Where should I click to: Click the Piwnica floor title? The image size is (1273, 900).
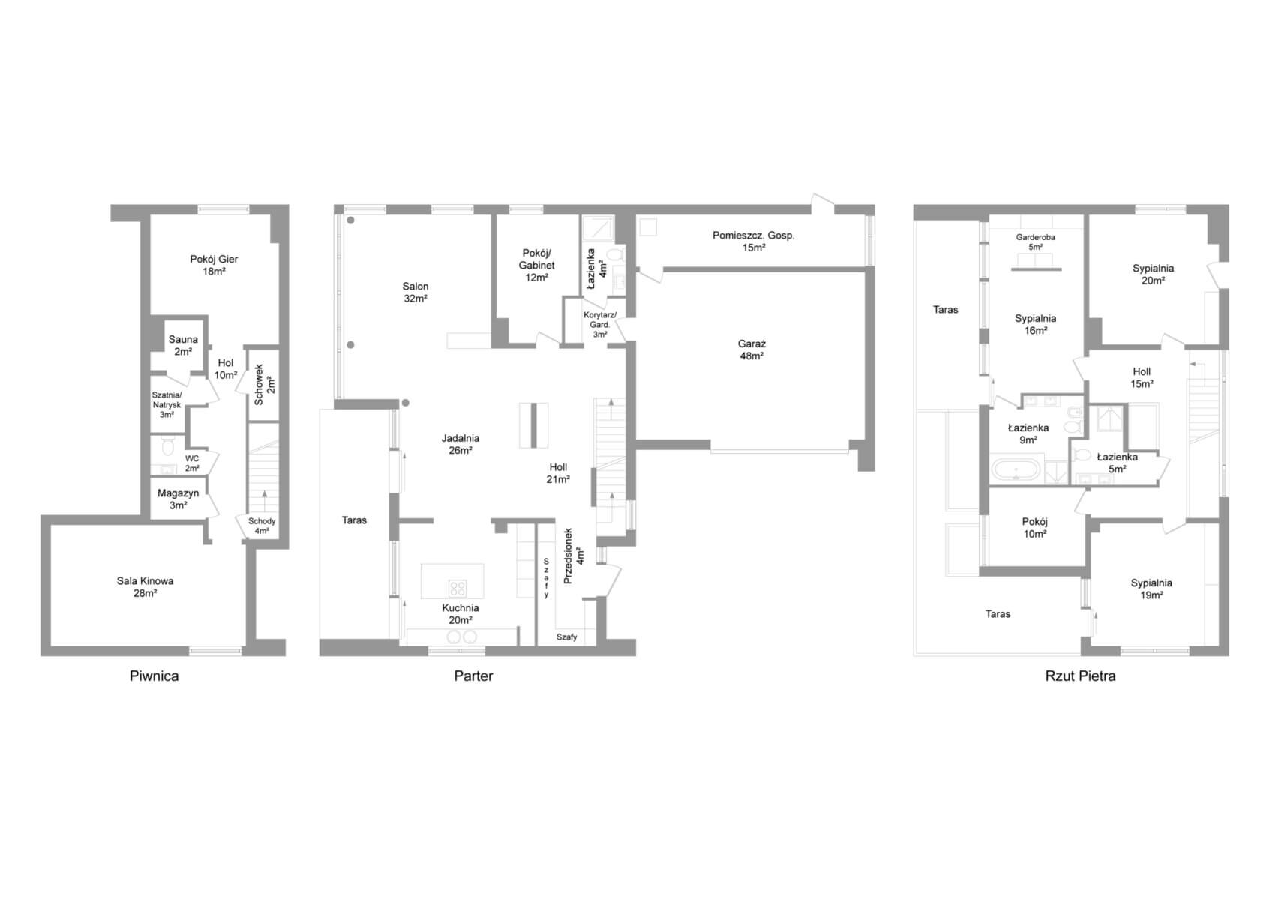[154, 676]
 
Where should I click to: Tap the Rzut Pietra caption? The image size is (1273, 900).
[1080, 676]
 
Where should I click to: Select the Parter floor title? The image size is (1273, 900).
[473, 676]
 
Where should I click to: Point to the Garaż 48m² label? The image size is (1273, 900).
[752, 350]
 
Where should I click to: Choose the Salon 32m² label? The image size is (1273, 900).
[416, 292]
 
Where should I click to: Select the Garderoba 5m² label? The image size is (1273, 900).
[1035, 242]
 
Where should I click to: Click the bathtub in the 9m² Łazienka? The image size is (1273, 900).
[1016, 470]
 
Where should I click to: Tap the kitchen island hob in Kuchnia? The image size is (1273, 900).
[458, 588]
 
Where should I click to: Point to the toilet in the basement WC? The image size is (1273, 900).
[167, 446]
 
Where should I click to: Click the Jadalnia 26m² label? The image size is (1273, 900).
[461, 444]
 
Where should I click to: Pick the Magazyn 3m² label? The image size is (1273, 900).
[178, 499]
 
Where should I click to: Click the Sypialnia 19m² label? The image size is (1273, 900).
[1151, 589]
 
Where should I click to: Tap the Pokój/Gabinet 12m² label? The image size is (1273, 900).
[536, 265]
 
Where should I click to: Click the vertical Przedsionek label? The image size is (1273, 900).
[568, 556]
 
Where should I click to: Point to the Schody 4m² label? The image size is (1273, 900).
[261, 526]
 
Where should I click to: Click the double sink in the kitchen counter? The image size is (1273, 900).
[461, 637]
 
